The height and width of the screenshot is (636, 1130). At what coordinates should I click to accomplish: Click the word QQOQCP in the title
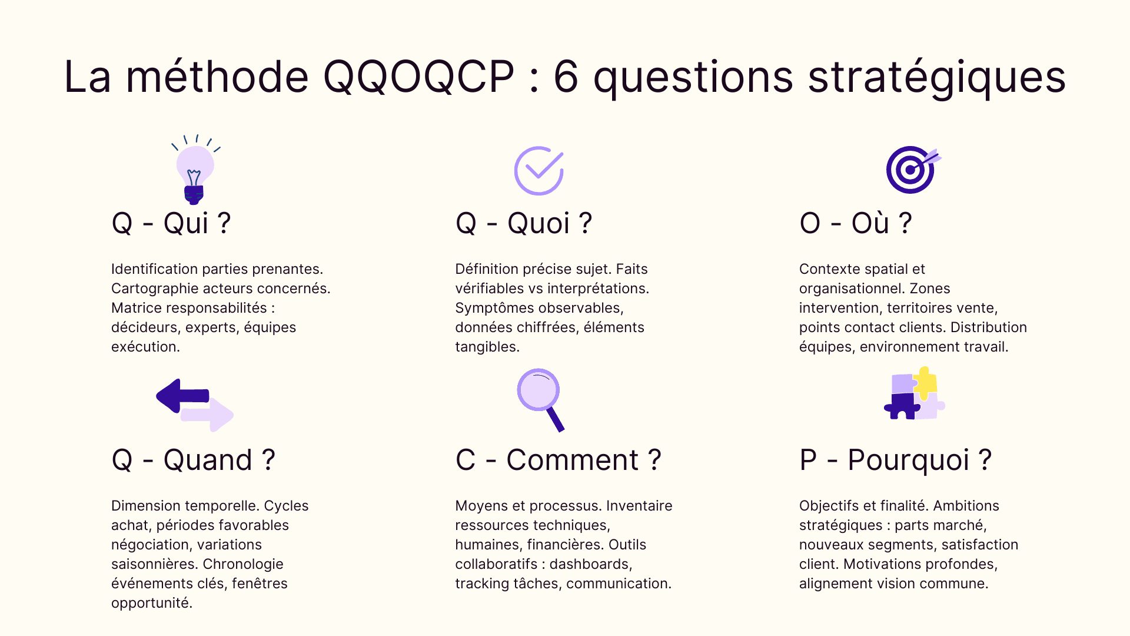tap(418, 77)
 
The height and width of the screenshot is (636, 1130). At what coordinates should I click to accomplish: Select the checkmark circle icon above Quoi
tap(539, 170)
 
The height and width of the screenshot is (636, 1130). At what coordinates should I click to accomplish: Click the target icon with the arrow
tap(912, 170)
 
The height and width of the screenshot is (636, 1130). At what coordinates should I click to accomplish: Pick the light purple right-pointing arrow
tap(210, 415)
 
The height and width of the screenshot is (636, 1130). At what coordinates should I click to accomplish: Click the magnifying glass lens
tap(538, 390)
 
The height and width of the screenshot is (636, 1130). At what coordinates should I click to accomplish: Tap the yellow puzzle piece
tap(925, 382)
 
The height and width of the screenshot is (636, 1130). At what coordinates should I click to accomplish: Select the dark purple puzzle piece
tap(901, 406)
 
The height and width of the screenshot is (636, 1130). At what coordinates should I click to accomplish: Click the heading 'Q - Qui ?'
tap(171, 223)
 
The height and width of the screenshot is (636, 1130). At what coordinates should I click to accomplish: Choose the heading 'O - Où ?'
tap(855, 223)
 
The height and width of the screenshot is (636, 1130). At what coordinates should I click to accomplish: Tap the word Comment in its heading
tap(572, 460)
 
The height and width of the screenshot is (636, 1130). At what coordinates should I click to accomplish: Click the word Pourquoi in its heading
tap(908, 460)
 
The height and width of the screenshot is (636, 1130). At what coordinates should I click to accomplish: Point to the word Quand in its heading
tap(208, 460)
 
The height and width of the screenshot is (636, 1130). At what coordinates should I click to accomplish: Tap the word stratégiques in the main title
tap(936, 77)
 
